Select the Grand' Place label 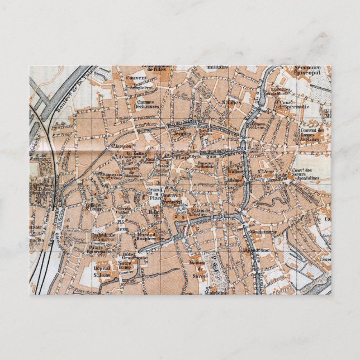[154, 194]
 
